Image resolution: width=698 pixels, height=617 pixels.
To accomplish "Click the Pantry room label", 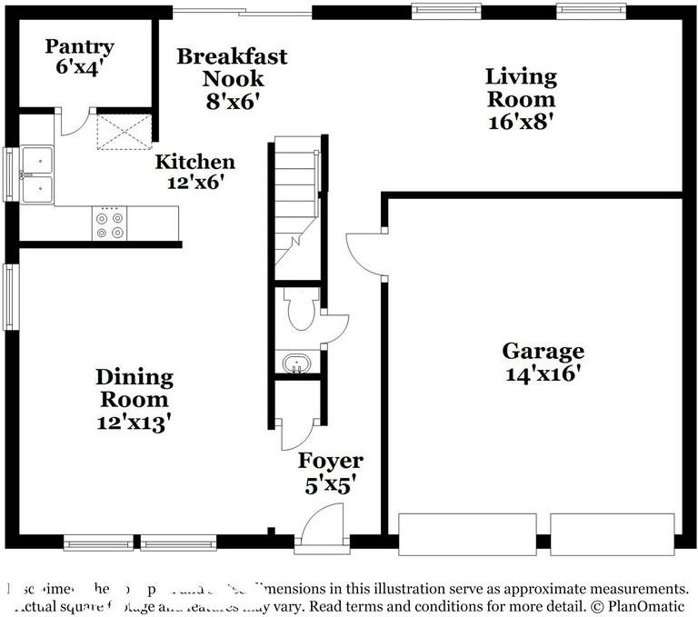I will (x=80, y=47).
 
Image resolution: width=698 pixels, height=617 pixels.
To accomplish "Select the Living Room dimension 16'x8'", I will (x=520, y=122).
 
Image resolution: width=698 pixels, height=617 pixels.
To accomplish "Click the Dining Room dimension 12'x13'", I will (x=135, y=422).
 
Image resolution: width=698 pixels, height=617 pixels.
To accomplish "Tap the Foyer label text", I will (x=331, y=462).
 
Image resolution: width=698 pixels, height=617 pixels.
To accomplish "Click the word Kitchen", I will (x=194, y=163).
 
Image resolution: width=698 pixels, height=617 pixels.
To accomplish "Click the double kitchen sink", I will (x=37, y=174).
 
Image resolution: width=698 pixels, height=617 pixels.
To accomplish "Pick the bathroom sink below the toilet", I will (x=296, y=365).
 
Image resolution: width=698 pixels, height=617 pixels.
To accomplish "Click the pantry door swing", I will (x=75, y=123).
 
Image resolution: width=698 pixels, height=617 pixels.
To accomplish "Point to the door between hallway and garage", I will (x=365, y=254).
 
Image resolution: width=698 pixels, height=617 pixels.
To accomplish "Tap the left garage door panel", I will (x=467, y=534).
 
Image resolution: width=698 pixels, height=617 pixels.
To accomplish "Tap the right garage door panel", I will (x=613, y=534).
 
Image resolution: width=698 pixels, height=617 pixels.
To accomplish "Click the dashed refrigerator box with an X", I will (x=125, y=129).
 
